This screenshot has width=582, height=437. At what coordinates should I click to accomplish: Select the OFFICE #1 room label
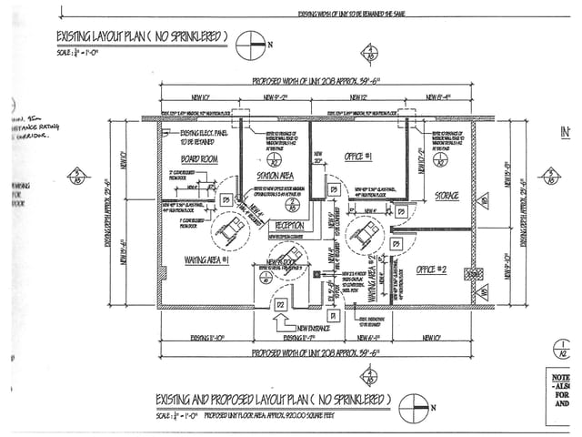pyautogui.click(x=357, y=156)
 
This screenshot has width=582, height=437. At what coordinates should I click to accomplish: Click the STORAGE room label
pyautogui.click(x=446, y=196)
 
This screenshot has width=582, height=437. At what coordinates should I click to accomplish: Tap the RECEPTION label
pyautogui.click(x=289, y=224)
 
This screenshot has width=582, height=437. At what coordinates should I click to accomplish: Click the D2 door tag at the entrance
pyautogui.click(x=281, y=302)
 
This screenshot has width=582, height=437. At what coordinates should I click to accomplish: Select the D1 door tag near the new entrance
pyautogui.click(x=333, y=314)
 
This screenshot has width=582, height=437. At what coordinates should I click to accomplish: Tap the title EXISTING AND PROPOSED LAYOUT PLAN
pyautogui.click(x=274, y=400)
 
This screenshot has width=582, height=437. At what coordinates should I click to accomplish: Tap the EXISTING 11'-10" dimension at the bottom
pyautogui.click(x=202, y=337)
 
